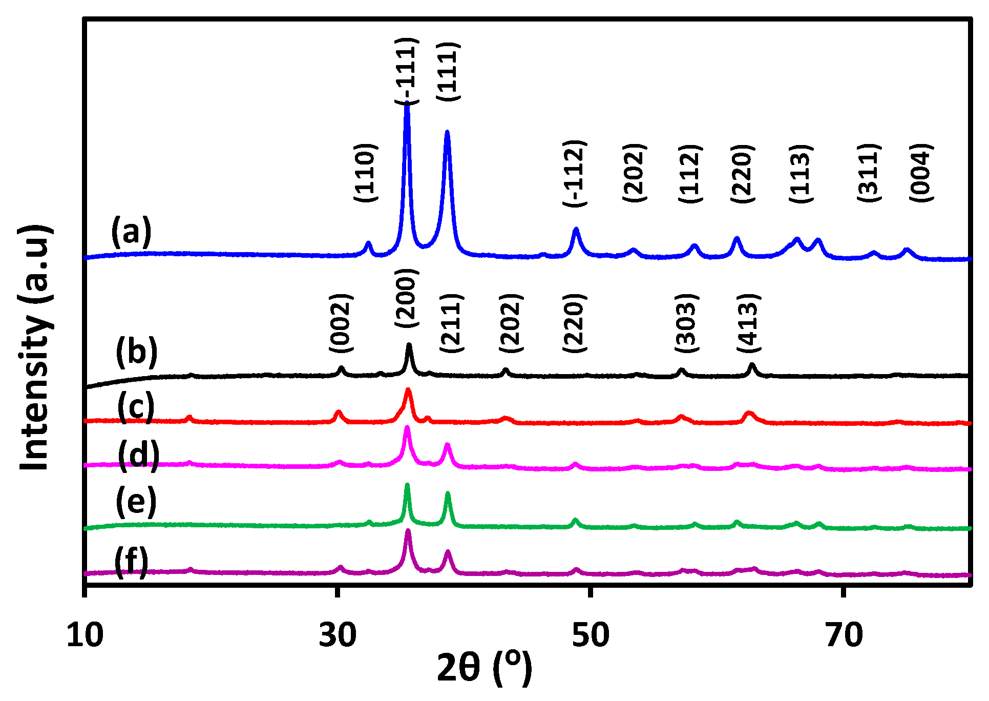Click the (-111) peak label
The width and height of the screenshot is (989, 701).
[407, 71]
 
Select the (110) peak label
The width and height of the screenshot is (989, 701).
[366, 173]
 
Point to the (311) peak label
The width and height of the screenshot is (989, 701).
[869, 173]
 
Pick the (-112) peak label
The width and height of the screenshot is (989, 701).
[574, 173]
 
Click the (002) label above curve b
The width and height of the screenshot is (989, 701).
[341, 323]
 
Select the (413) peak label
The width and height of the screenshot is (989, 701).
[749, 323]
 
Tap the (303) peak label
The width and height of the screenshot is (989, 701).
[686, 323]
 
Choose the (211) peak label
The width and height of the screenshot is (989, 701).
[452, 323]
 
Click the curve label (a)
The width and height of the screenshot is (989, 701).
[132, 232]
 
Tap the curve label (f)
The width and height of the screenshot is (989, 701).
[132, 562]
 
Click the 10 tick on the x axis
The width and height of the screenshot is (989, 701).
[85, 635]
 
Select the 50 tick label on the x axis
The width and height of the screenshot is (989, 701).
[591, 635]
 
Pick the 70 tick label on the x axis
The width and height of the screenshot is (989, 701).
[844, 635]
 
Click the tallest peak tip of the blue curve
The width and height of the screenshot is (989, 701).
[407, 104]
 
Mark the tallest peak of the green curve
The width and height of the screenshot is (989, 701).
[407, 484]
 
